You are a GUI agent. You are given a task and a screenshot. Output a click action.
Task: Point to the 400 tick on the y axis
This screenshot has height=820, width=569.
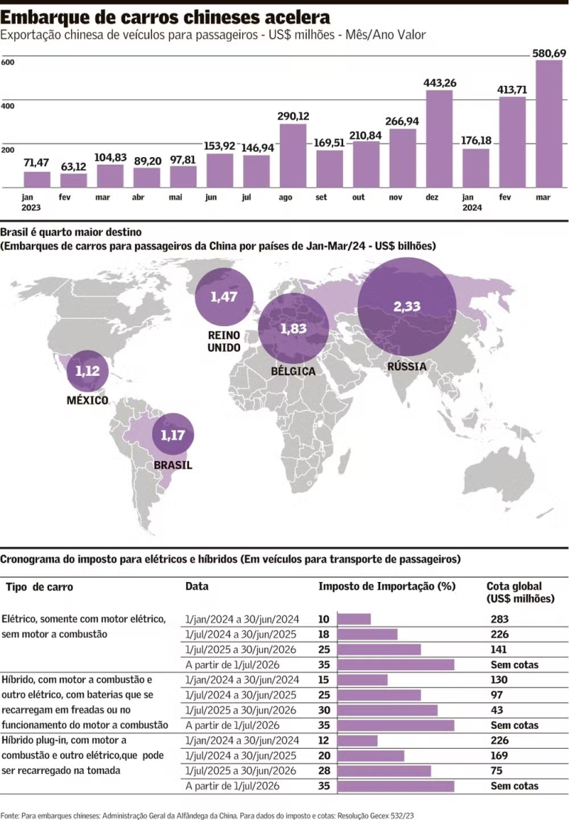tap(7, 106)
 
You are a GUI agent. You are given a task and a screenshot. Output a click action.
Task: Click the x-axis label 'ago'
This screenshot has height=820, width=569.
tap(286, 198)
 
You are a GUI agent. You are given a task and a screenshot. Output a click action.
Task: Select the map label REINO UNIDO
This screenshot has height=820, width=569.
tap(224, 342)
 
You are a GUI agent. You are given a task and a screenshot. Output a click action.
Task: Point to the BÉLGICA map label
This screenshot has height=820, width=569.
tap(293, 371)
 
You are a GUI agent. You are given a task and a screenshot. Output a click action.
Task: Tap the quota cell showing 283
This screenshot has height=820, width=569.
tap(499, 619)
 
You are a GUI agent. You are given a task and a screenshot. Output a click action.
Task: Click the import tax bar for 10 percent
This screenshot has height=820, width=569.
tap(353, 619)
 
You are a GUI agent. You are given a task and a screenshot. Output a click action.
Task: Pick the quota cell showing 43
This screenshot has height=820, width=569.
tap(496, 710)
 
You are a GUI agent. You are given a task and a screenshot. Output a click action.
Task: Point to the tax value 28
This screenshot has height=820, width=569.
tap(324, 770)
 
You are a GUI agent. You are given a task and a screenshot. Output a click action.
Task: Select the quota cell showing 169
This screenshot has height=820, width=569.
tap(499, 755)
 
